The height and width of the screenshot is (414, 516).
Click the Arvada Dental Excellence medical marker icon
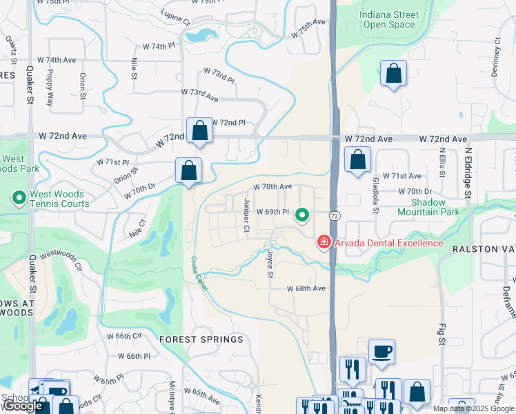point(323,242)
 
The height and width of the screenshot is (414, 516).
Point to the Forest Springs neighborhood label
point(201,339)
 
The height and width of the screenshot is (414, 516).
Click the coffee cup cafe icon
point(381,351)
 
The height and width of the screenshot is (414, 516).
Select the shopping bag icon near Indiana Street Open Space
point(393,74)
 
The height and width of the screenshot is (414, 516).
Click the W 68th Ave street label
point(306,288)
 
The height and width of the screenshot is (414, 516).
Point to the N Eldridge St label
point(467,172)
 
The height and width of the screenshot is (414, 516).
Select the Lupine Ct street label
point(175,17)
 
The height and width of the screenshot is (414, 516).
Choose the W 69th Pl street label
point(272,212)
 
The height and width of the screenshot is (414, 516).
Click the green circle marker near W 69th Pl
point(302,215)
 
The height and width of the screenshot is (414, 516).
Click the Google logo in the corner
point(22,406)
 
